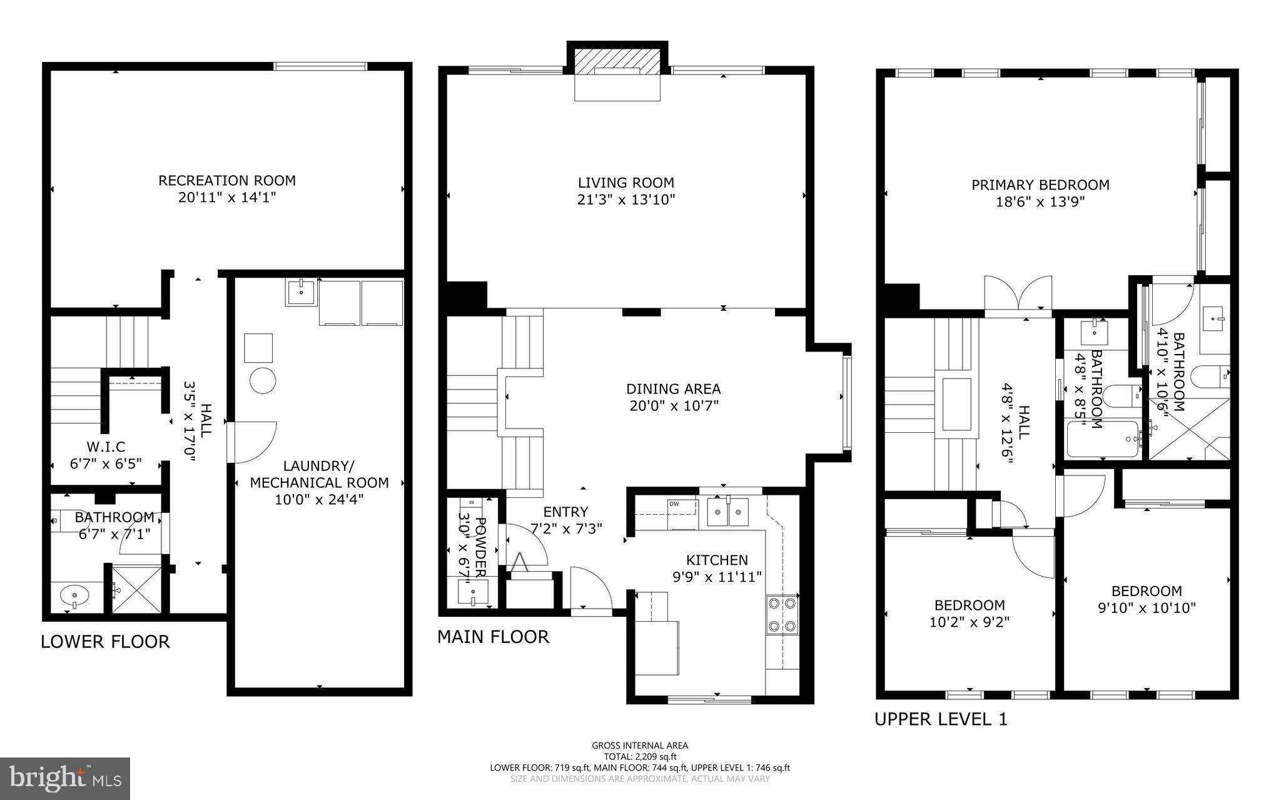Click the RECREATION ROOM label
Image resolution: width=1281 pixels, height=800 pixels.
pos(226,181)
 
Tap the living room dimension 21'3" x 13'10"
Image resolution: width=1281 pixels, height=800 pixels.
pos(625,200)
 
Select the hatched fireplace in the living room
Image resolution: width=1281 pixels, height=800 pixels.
pos(617,63)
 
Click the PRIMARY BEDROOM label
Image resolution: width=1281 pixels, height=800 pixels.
pos(1040,185)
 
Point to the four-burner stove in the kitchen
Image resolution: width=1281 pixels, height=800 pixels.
pos(782,614)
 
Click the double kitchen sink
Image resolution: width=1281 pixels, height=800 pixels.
pos(729,512)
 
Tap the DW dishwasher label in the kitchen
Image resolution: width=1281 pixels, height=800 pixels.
pos(674,504)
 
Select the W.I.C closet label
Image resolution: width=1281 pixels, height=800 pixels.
pos(106,447)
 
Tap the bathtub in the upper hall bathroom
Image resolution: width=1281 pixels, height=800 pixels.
pos(1103,438)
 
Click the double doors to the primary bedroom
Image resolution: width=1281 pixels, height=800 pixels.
pos(1018,293)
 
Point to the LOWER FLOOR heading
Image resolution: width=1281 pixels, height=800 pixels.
pos(105,642)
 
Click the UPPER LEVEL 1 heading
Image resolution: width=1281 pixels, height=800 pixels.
pos(941,719)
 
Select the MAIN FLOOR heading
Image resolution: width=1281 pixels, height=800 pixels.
pos(493,637)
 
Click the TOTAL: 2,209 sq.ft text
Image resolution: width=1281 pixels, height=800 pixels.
pos(640,756)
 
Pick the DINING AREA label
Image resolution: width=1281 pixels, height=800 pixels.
pos(674,389)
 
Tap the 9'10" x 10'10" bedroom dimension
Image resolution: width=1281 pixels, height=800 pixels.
pos(1147,607)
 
